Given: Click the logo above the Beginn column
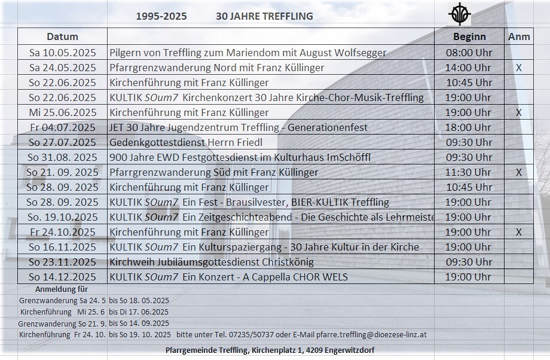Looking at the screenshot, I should point(460,14).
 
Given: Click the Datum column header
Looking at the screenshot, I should point(62,36).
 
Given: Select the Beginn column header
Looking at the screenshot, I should point(469,36).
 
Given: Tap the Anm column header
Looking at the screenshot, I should point(518,36).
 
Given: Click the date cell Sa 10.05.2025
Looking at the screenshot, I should point(62,53).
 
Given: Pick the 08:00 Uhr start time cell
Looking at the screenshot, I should point(469,53).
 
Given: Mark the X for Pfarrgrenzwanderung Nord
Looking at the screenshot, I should point(518,68).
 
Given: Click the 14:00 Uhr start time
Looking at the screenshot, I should point(469,68).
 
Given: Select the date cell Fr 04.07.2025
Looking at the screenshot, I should point(62,127).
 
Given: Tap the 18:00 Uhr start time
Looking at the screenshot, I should point(469,127).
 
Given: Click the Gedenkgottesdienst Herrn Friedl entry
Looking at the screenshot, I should point(186,142).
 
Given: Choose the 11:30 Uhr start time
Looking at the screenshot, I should point(469,172).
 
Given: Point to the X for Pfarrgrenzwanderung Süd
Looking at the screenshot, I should point(518,172).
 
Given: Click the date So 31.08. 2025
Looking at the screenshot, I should point(62,157).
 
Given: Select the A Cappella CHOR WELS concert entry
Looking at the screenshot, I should point(228,277).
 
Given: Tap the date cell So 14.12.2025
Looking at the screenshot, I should point(62,277).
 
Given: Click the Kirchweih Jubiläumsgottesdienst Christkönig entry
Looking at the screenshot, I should point(212,262).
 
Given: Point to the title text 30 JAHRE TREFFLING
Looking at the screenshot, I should point(264,16).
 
